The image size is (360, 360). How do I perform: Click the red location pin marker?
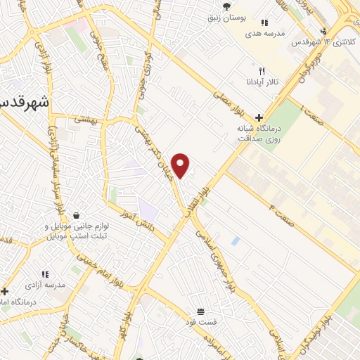tap(181, 165)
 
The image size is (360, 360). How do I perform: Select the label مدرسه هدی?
tap(264, 33)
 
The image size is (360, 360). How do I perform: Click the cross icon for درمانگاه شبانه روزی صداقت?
tap(259, 117)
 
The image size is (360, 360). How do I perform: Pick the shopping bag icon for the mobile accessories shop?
tap(76, 216)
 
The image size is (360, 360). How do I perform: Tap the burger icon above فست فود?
tap(201, 311)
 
